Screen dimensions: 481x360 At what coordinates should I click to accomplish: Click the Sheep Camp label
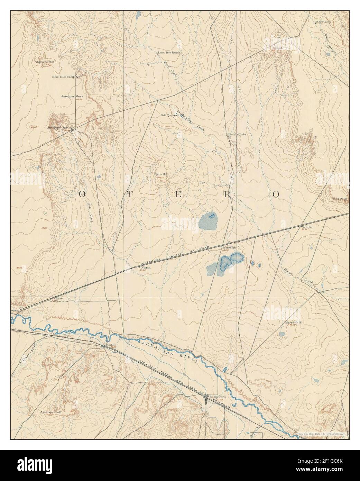(x=323, y=22)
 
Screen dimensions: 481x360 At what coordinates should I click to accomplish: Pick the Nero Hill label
(x=161, y=174)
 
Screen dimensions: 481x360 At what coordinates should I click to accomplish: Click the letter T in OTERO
(x=125, y=194)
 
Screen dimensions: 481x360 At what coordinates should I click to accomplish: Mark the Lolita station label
(x=307, y=227)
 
